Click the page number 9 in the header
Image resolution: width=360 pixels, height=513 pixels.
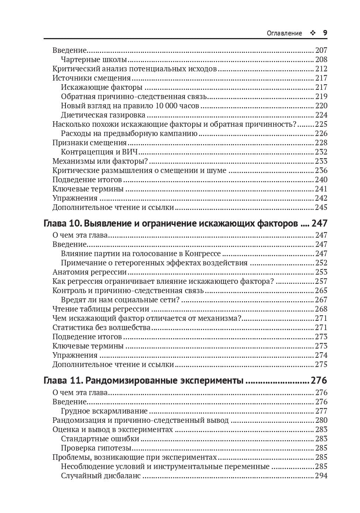325,33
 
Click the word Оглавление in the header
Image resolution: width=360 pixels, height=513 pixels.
284,33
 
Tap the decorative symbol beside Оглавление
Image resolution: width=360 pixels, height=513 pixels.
313,33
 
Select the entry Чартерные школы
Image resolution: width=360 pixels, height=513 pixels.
94,60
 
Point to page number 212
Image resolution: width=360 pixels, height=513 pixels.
321,69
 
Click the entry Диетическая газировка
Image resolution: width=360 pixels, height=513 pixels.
103,115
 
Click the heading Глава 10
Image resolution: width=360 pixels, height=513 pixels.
61,224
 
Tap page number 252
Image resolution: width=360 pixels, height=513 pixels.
321,263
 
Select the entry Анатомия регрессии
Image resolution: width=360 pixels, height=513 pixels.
89,272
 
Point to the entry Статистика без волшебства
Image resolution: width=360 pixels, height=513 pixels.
102,327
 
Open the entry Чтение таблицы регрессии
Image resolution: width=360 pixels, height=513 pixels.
101,309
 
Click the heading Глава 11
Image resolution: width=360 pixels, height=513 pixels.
61,381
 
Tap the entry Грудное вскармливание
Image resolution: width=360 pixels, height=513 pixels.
104,411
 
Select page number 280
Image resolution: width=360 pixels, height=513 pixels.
321,420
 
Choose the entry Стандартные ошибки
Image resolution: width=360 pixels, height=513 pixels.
100,439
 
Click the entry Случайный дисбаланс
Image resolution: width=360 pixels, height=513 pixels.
101,476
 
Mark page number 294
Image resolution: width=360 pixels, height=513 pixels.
321,476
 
